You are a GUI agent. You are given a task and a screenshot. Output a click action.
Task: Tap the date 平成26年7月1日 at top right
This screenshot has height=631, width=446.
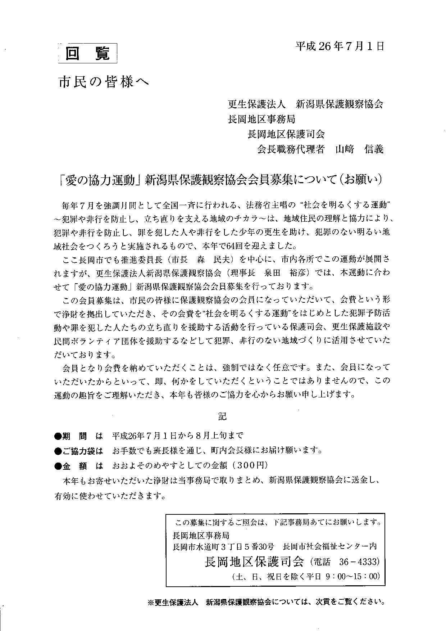340,46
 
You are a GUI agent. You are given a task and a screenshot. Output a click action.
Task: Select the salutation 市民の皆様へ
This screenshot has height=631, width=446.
104,82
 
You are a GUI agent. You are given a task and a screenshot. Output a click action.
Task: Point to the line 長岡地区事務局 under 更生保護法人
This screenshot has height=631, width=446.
261,119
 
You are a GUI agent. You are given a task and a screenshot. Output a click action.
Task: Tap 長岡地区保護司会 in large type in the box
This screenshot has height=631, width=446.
254,562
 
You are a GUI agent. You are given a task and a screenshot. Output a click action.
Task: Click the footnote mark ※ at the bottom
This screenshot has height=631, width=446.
151,601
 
